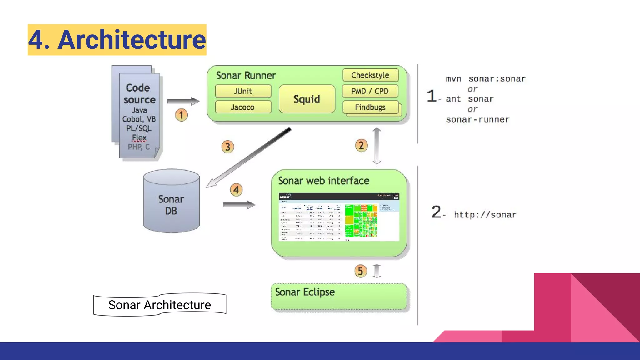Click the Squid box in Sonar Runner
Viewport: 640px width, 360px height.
coord(307,99)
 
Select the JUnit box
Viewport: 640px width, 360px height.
coord(243,91)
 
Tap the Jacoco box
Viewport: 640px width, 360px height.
coord(243,107)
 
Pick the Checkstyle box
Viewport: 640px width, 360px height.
coord(370,75)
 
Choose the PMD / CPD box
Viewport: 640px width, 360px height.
coord(370,91)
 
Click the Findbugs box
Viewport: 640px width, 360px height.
coord(370,107)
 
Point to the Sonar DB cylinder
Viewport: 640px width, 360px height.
coord(171,205)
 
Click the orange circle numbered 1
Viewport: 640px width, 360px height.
coord(181,115)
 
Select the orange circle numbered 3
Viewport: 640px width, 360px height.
coord(228,147)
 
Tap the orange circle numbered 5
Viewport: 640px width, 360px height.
coord(360,271)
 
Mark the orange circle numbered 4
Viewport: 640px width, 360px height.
coord(236,190)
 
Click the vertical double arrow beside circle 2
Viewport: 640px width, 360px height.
coord(377,146)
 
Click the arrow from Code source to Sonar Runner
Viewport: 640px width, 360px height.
coord(183,101)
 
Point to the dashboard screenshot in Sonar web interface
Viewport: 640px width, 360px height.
coord(339,217)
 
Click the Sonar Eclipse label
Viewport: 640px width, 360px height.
coord(305,292)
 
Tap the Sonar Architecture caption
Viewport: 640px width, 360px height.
coord(160,305)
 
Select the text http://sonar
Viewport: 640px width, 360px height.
coord(485,215)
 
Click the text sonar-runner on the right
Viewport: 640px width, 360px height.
coord(477,119)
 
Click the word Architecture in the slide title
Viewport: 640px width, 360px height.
coord(132,40)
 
